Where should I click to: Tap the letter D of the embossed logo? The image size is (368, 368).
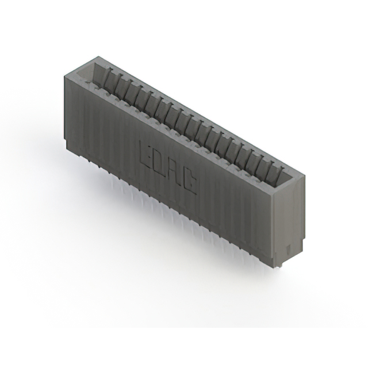pyautogui.click(x=161, y=156)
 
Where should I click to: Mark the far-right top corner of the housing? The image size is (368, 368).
pyautogui.click(x=300, y=179)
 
